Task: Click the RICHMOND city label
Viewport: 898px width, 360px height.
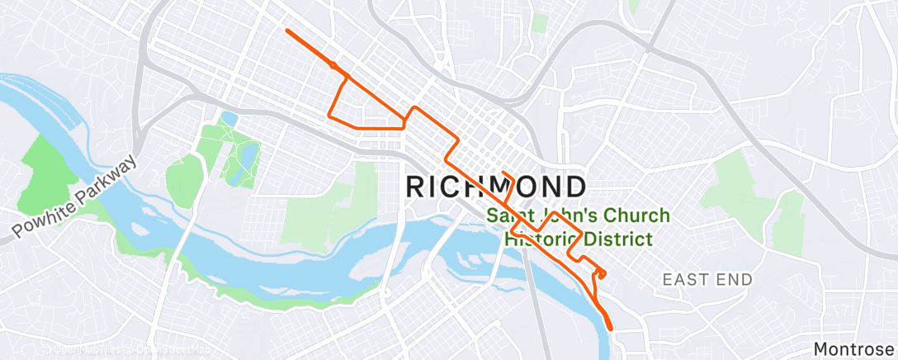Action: click(x=496, y=187)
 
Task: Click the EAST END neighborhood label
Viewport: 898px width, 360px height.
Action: click(x=707, y=280)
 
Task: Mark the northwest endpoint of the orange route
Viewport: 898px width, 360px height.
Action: click(x=286, y=31)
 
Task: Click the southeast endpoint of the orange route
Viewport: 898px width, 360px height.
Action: click(x=612, y=329)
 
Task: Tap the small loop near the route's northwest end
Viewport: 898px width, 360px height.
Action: click(x=333, y=64)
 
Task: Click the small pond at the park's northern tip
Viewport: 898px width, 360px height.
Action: click(x=229, y=118)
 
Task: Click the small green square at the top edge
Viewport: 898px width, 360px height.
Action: click(x=540, y=22)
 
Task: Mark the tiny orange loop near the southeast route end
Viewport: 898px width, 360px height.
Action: click(x=602, y=273)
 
